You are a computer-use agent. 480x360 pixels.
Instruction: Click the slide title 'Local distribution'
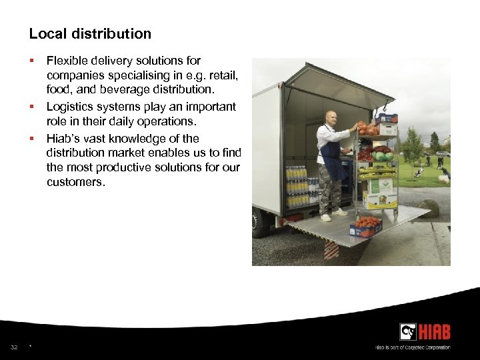tap(90, 33)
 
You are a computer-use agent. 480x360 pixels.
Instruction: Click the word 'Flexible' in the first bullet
tap(66, 61)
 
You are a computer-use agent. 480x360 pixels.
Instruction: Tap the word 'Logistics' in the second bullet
tap(69, 107)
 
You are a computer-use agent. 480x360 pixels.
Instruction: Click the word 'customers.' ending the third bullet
tap(75, 181)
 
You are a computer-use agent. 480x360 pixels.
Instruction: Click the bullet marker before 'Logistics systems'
tap(31, 107)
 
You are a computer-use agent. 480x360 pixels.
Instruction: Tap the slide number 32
tap(14, 347)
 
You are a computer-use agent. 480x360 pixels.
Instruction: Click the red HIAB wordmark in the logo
tap(435, 332)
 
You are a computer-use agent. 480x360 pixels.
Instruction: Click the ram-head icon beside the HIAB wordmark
tap(408, 332)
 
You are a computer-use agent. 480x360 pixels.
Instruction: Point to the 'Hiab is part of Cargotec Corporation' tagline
tap(413, 347)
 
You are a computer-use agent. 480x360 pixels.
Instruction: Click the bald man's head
tap(330, 117)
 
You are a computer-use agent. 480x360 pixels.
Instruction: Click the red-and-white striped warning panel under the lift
tap(331, 250)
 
